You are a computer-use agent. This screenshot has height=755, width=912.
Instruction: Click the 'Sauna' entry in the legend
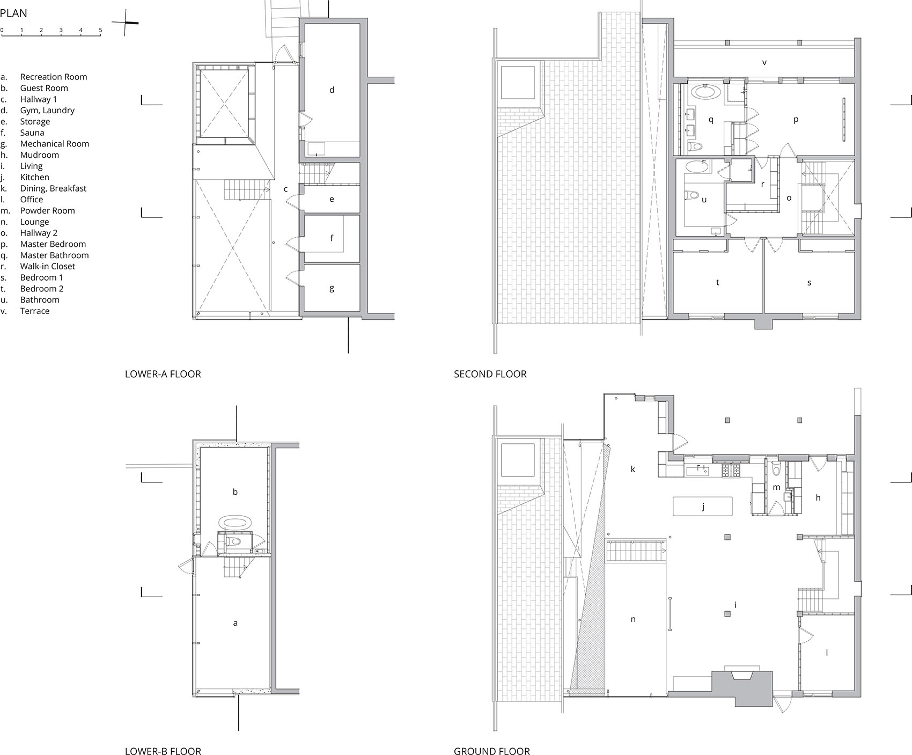click(x=32, y=133)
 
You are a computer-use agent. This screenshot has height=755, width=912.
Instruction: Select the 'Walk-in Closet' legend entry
click(x=48, y=266)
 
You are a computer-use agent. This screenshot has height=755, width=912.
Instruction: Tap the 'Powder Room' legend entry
click(x=48, y=210)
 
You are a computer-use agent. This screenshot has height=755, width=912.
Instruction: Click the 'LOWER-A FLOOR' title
click(x=163, y=374)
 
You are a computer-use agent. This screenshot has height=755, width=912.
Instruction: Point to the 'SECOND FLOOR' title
click(x=490, y=374)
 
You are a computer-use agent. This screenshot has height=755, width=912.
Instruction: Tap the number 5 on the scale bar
click(x=100, y=30)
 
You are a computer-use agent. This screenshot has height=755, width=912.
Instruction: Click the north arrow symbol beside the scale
click(x=126, y=23)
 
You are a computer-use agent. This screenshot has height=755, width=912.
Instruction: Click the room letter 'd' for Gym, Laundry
click(x=332, y=90)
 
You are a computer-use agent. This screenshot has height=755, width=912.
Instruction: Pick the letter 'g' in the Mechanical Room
click(x=332, y=289)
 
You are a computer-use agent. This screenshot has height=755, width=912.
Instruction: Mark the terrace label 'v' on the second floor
click(x=764, y=63)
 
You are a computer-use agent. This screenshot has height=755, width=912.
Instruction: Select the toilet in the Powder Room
click(x=775, y=468)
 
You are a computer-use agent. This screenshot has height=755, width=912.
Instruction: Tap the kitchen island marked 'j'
click(x=703, y=506)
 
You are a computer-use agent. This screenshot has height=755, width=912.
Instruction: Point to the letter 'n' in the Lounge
click(x=633, y=619)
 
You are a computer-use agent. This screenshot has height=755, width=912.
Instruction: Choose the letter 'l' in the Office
click(x=827, y=653)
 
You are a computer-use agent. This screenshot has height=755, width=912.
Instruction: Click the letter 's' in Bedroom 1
click(x=809, y=283)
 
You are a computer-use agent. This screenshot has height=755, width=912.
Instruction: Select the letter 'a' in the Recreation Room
click(x=235, y=623)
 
